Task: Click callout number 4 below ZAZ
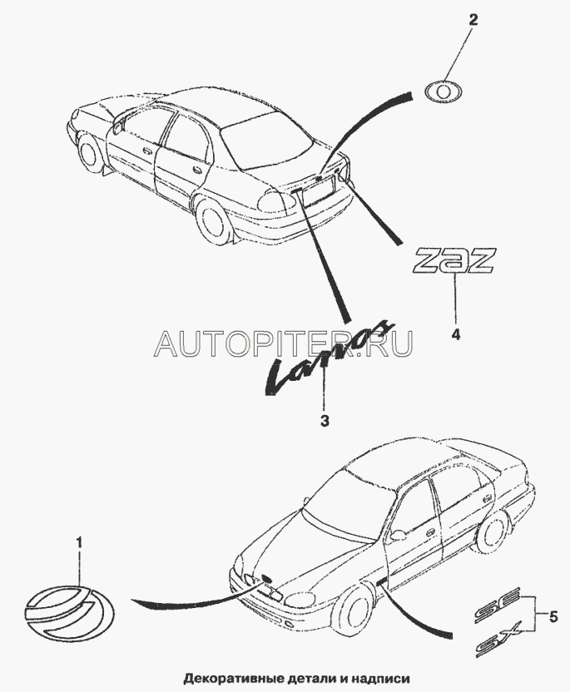[x=455, y=334]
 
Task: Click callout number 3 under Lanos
[x=325, y=421]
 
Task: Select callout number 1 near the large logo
[x=80, y=543]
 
